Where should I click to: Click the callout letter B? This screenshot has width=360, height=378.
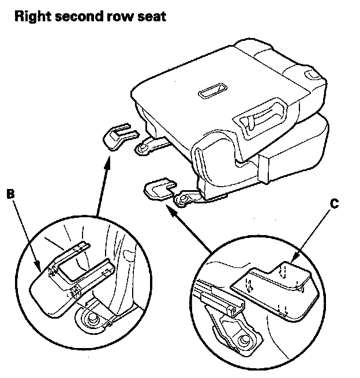[10, 194]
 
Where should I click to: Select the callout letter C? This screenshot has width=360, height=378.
[334, 204]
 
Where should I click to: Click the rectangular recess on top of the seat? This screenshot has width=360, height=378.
[212, 91]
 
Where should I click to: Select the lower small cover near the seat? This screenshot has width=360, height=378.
[159, 188]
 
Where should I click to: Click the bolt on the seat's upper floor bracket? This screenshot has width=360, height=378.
[142, 148]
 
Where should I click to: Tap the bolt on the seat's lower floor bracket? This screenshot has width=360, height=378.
[183, 199]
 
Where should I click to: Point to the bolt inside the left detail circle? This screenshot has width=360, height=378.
[92, 318]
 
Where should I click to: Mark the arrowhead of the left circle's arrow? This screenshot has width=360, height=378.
[107, 162]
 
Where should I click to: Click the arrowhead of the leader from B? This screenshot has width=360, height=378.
[37, 266]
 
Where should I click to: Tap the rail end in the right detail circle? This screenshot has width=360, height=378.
[237, 309]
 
